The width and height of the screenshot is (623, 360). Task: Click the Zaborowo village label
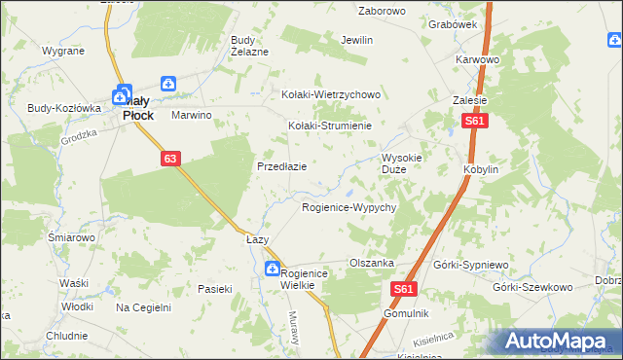(x=382, y=12)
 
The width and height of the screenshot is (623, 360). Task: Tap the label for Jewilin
(x=357, y=40)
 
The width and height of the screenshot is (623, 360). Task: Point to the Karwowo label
(x=477, y=59)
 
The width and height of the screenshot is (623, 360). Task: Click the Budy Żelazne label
(x=248, y=46)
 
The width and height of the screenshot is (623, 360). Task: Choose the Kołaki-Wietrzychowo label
(x=330, y=94)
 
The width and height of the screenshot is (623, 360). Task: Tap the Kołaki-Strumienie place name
(x=330, y=126)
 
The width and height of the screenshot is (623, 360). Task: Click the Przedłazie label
(x=281, y=166)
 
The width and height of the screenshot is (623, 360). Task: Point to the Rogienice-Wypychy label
(x=348, y=208)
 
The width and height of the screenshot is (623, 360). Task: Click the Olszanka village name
(x=371, y=263)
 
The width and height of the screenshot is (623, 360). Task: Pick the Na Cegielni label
(x=143, y=307)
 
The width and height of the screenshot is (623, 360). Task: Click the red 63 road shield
(x=170, y=158)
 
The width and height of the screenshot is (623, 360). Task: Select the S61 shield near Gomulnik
(x=407, y=289)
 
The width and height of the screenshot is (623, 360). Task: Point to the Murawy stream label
(x=292, y=322)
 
